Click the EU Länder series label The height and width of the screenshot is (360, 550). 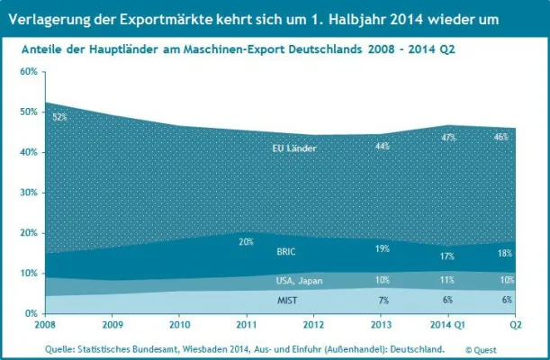[x=294, y=148]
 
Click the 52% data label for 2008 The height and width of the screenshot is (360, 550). [x=60, y=117]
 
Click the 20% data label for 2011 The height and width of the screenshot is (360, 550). [x=246, y=242]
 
